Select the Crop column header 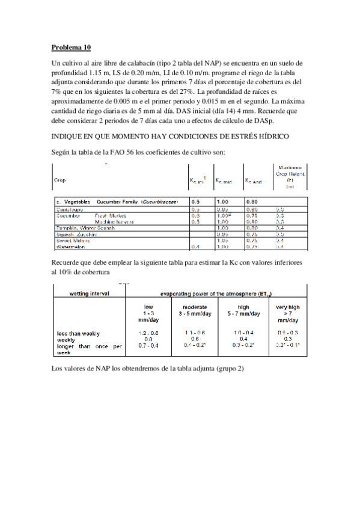[60, 180]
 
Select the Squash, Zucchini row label [75, 234]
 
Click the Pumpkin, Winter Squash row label [82, 228]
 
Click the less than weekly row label [78, 333]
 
